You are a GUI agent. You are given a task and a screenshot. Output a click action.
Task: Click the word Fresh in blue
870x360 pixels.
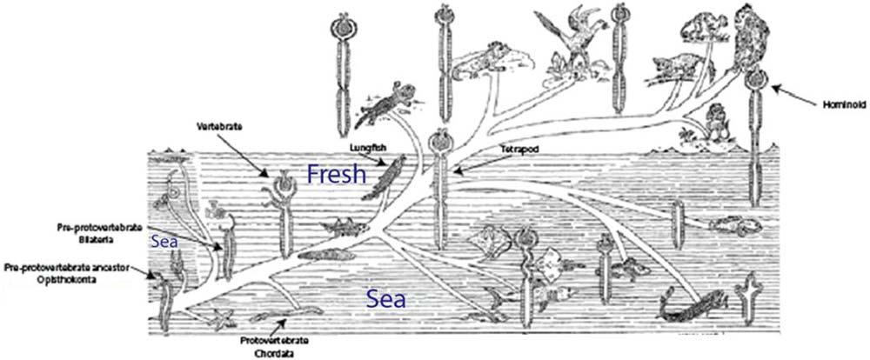(x=336, y=174)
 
